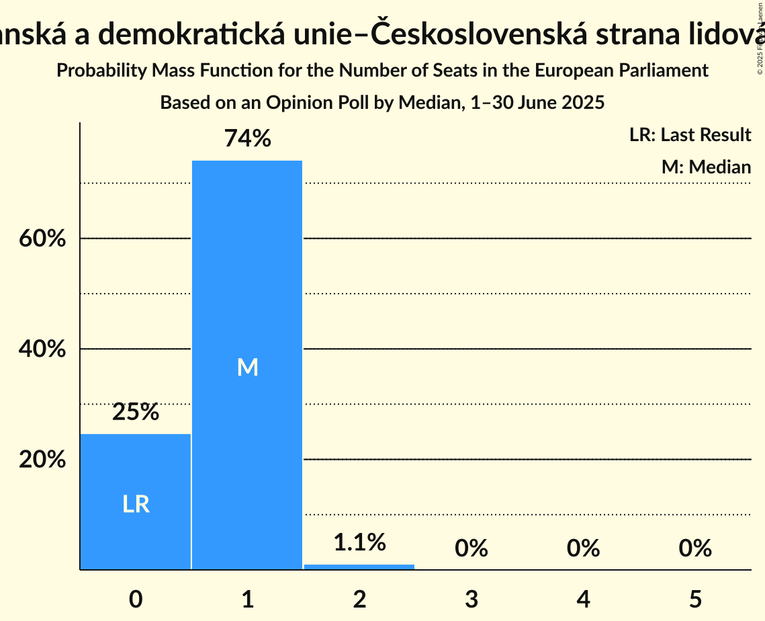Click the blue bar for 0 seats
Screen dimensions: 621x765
click(x=136, y=470)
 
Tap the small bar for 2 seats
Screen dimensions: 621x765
click(x=359, y=567)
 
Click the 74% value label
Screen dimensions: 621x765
click(x=247, y=139)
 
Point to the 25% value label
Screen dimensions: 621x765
click(x=136, y=412)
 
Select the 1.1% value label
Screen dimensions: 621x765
click(x=359, y=542)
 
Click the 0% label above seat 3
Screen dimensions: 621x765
click(x=471, y=548)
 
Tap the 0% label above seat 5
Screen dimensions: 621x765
click(x=694, y=548)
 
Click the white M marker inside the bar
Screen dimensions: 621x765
click(x=247, y=367)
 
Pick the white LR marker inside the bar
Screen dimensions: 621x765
click(x=136, y=504)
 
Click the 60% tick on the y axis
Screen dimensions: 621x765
click(x=42, y=239)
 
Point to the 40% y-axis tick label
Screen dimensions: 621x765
click(x=42, y=349)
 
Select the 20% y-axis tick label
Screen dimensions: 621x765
click(x=42, y=460)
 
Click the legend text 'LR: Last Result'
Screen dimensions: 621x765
click(x=690, y=135)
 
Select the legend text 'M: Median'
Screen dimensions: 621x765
click(x=706, y=167)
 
